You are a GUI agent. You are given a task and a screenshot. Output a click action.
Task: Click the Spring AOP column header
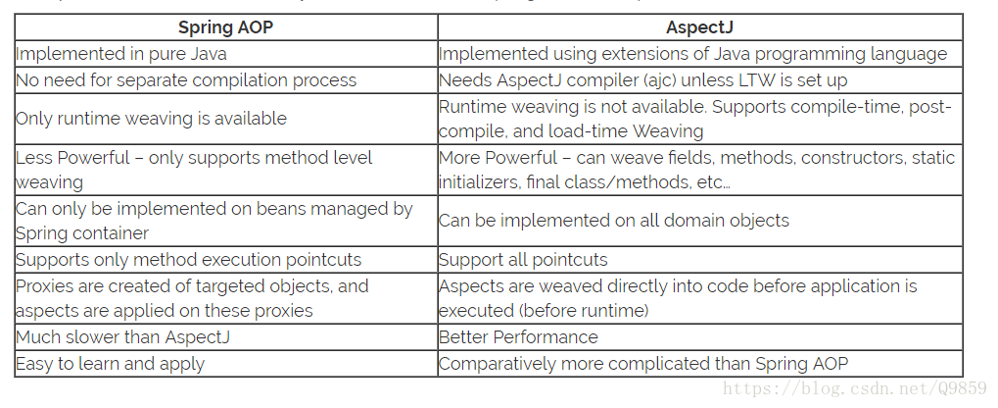[x=225, y=27]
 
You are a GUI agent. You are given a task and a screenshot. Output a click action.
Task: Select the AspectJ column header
[x=699, y=27]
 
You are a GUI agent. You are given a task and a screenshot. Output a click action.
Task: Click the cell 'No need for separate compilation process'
[x=186, y=80]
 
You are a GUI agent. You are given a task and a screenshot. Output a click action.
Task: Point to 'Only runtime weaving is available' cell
[x=151, y=119]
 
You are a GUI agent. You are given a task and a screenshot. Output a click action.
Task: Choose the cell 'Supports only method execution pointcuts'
[x=188, y=260]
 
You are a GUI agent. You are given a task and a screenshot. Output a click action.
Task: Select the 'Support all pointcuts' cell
[x=523, y=260]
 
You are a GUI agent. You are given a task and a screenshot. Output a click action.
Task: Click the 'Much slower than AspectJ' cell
[x=117, y=337]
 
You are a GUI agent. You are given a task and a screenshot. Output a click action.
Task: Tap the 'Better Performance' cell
[x=518, y=337]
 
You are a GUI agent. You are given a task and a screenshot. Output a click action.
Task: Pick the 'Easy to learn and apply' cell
[x=110, y=364]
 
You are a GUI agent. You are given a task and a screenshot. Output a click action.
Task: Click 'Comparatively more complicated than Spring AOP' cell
[x=643, y=364]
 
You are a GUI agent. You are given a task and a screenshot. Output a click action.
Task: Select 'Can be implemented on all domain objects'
[x=614, y=221]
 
